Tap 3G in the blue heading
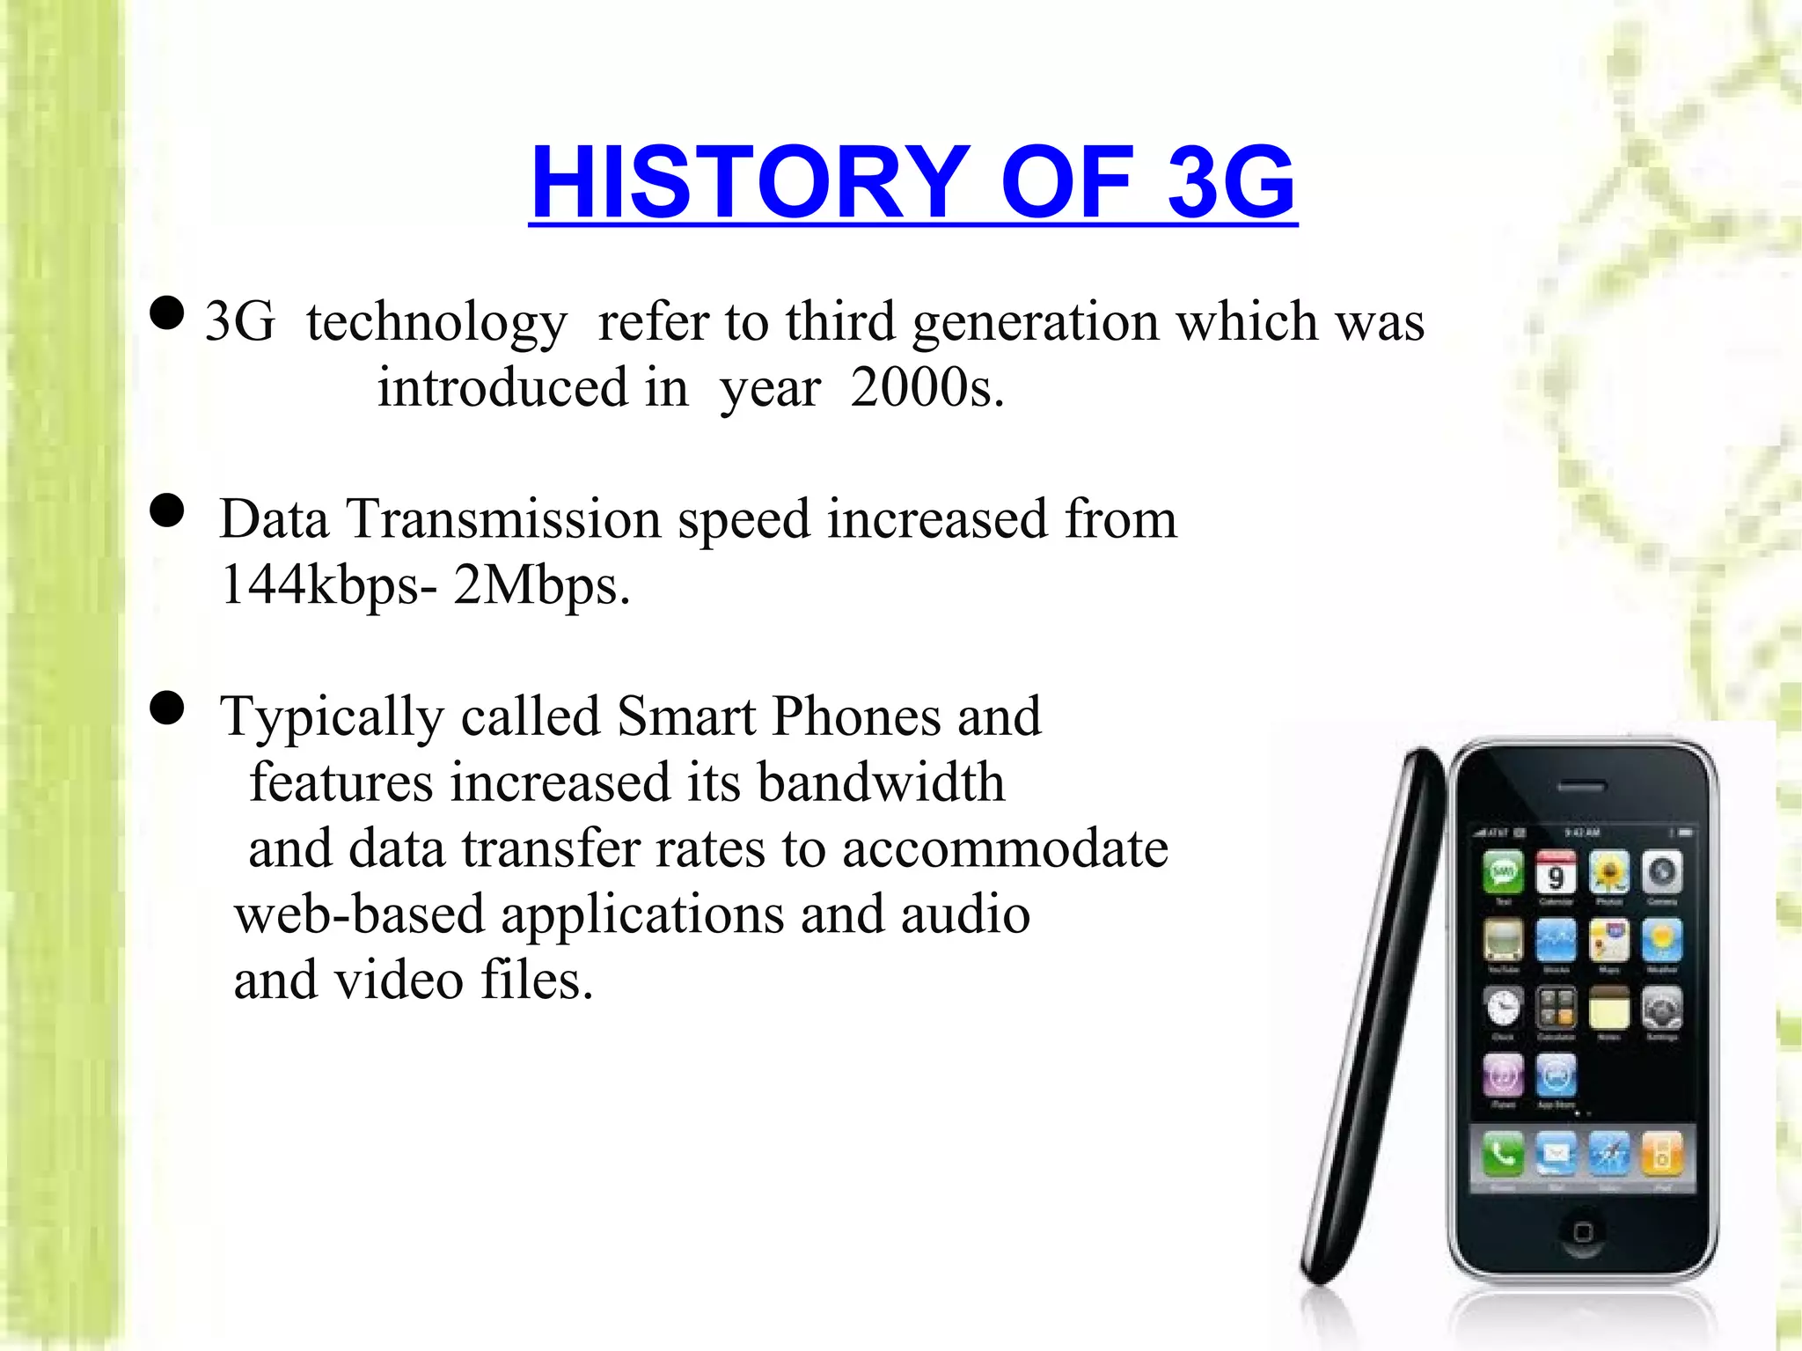(x=1229, y=182)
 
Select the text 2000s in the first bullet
(x=926, y=387)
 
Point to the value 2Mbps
(x=541, y=584)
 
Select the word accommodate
(x=1005, y=848)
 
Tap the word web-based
(x=360, y=914)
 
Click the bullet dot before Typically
(x=167, y=708)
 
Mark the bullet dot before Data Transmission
(x=167, y=510)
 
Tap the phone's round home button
(x=1582, y=1230)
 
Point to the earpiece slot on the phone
(x=1582, y=786)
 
